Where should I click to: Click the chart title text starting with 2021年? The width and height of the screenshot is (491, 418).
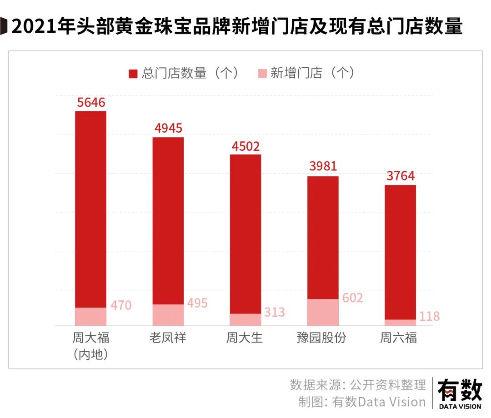(x=236, y=27)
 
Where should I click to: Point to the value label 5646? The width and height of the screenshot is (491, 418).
(x=91, y=102)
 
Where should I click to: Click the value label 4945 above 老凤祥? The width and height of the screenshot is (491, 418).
(x=168, y=128)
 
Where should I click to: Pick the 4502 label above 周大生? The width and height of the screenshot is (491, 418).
(x=245, y=146)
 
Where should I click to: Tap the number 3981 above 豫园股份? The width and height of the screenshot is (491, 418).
(x=323, y=167)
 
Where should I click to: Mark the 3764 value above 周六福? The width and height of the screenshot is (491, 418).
(x=401, y=176)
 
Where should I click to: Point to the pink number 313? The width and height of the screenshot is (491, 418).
(x=274, y=312)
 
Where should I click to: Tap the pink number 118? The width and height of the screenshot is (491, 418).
(x=429, y=317)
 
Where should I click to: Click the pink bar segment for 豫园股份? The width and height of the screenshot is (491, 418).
(x=323, y=312)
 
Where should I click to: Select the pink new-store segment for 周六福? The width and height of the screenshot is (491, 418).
(x=401, y=322)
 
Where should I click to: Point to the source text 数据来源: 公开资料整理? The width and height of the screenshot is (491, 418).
(x=358, y=385)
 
